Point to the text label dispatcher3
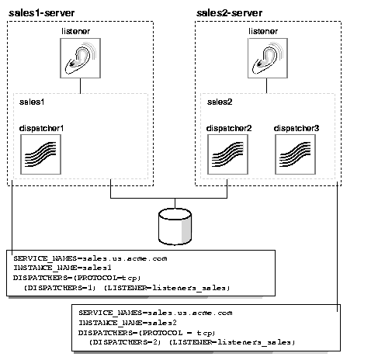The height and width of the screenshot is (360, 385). click(x=297, y=126)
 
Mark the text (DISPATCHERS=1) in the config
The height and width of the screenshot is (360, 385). click(x=53, y=287)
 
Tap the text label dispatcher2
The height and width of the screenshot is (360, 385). click(x=227, y=126)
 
